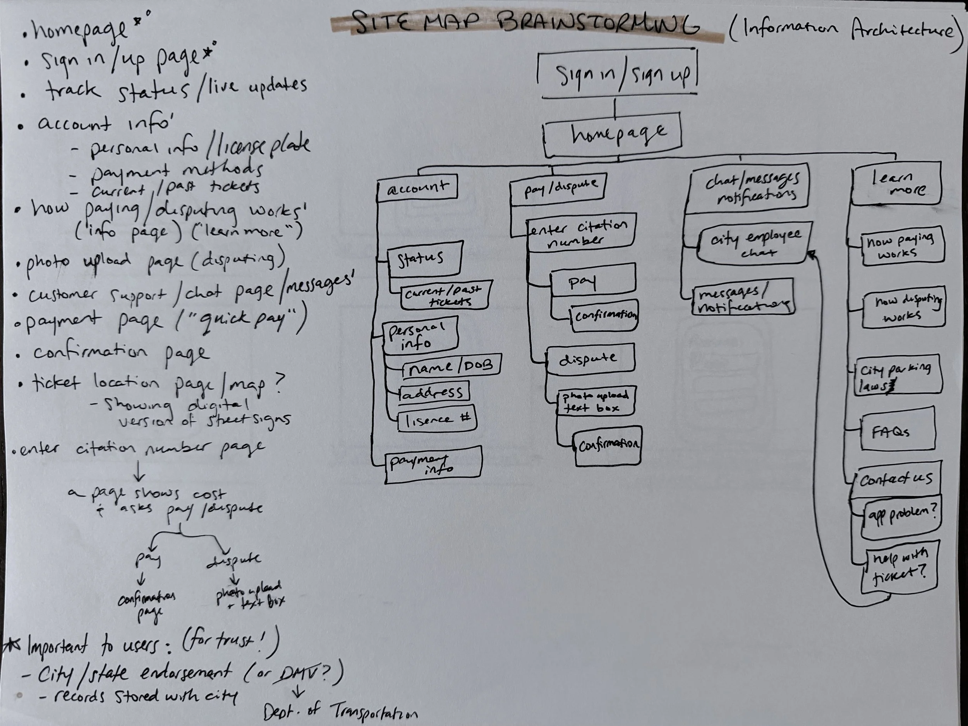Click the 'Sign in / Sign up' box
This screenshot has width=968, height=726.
(617, 74)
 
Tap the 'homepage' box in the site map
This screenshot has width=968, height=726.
(613, 134)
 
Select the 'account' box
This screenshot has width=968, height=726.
(417, 188)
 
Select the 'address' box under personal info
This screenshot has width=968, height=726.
(434, 392)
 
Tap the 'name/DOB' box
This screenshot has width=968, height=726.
(451, 366)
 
